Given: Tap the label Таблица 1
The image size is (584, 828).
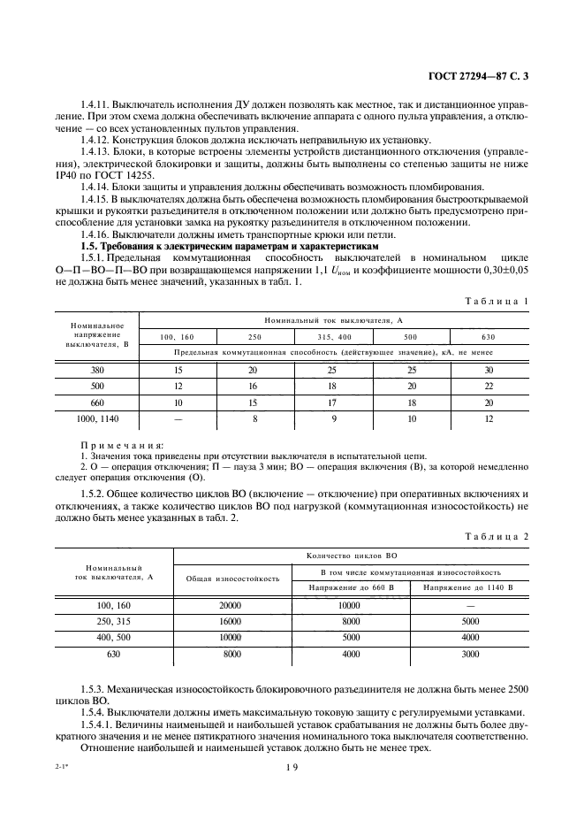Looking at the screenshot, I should pos(497,301).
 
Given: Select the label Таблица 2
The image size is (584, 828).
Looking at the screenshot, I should pos(497,536).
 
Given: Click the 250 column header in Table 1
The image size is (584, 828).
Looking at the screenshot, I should pos(254,338).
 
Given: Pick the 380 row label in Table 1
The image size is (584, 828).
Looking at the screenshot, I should pos(97,372).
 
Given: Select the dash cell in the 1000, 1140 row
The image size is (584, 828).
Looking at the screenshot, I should pos(179,418).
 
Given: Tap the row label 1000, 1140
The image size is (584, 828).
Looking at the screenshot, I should pos(97,418).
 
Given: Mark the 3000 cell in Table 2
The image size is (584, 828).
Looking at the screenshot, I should pos(470,653).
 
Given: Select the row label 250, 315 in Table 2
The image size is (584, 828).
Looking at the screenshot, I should pos(115,621).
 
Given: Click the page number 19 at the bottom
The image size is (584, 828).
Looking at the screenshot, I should pos(292,768).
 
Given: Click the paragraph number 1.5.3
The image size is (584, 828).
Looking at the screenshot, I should pos(94,688).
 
